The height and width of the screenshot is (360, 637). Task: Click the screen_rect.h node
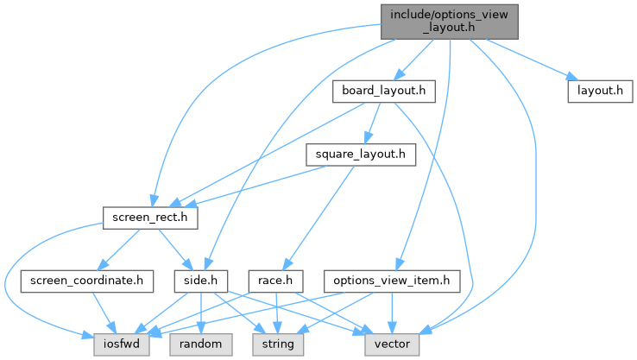[150, 218]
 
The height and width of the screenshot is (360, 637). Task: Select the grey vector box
[393, 344]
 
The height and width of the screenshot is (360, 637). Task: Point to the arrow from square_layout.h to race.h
[320, 216]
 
